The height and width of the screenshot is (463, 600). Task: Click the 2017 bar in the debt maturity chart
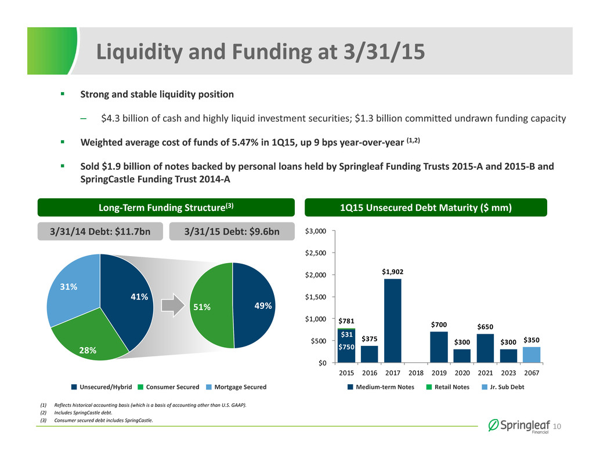393,320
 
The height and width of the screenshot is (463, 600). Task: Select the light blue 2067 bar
532,355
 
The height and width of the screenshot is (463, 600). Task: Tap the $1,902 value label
393,272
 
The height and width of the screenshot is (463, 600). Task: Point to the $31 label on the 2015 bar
346,334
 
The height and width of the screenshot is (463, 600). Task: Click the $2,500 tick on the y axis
316,253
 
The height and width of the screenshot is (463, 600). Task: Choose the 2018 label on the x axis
416,373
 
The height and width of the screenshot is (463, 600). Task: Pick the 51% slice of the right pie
211,305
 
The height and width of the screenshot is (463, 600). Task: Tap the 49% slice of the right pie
254,305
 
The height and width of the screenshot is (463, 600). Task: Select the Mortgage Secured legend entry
236,387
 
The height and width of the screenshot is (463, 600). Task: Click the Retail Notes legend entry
448,387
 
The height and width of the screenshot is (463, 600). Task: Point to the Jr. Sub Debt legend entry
503,387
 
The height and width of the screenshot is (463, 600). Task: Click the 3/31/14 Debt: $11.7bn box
100,232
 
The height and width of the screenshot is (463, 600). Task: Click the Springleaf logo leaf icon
494,425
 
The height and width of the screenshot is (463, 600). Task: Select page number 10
556,426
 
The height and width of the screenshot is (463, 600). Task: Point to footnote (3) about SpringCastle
96,420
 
